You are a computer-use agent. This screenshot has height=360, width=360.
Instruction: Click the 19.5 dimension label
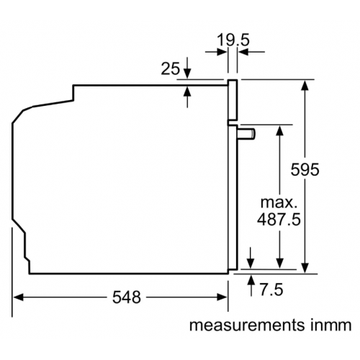pos(233,40)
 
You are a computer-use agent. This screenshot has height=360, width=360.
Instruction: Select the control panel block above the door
pos(233,100)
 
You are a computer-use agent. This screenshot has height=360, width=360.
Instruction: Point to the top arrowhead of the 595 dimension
pos(305,84)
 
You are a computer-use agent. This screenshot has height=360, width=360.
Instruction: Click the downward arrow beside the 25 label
pos(187,74)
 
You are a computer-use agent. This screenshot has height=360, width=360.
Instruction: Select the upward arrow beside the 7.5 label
pos(250,280)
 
